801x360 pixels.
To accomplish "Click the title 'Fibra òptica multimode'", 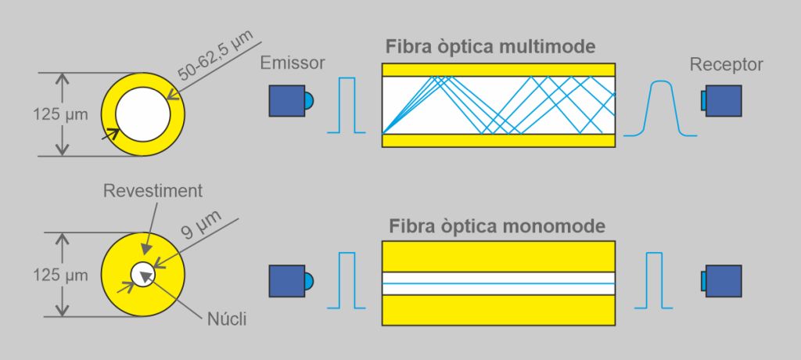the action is point(490,46).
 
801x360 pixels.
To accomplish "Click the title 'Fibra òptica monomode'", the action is point(497,226).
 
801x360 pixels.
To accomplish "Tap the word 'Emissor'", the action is point(293,63).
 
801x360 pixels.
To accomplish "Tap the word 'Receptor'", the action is point(726,64).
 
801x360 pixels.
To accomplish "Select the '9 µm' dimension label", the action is point(203,225).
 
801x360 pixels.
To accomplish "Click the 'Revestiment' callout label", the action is point(153,191).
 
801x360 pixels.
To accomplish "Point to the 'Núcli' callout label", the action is point(227,319).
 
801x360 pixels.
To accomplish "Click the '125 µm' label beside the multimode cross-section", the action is point(60,114).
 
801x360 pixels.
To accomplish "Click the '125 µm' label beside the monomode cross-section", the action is point(60,275).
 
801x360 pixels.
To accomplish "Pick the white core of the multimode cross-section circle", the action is point(142,114).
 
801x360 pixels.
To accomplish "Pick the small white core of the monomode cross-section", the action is point(142,275).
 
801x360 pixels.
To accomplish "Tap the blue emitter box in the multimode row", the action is point(287,101).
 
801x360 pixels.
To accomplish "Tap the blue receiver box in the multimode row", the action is point(724,101).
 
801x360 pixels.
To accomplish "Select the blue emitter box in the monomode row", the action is point(287,281).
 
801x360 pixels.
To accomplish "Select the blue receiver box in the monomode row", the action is point(724,281).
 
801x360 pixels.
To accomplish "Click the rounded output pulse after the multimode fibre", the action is point(660,109).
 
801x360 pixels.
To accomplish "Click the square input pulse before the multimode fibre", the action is point(347,106).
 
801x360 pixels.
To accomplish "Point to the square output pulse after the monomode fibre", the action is point(654,280).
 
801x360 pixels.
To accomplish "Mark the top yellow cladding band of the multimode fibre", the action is point(498,70).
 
